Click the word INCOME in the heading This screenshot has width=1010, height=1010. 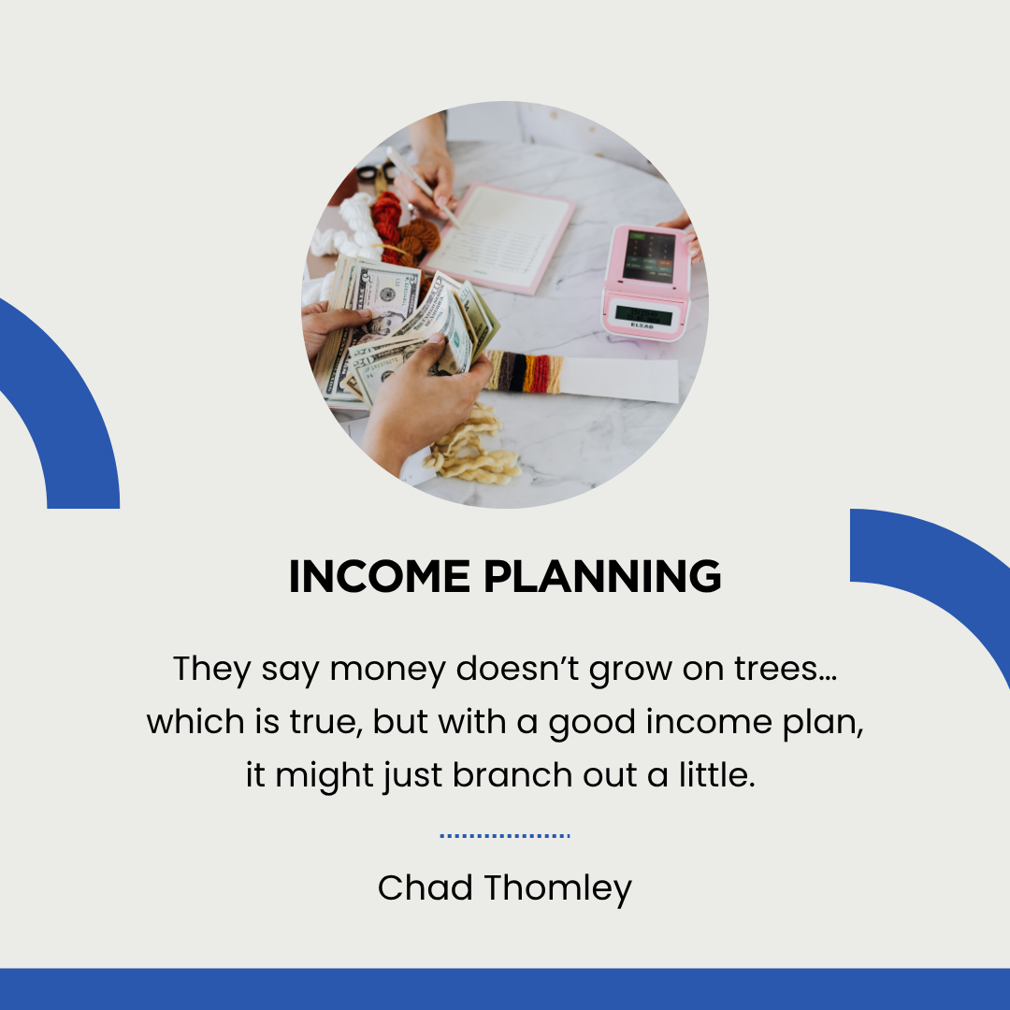[x=380, y=576]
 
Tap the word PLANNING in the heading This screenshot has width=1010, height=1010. [x=602, y=576]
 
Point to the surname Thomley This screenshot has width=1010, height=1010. [x=557, y=889]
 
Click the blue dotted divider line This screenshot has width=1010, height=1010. [x=505, y=836]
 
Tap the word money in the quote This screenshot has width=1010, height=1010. [x=388, y=670]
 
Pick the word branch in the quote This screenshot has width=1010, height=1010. [x=512, y=774]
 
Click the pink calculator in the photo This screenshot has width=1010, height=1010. [x=646, y=282]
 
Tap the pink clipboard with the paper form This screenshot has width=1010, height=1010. [x=498, y=237]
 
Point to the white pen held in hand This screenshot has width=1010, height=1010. [x=423, y=187]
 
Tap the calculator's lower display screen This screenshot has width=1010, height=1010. [x=644, y=316]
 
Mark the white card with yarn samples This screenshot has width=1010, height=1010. [x=583, y=376]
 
